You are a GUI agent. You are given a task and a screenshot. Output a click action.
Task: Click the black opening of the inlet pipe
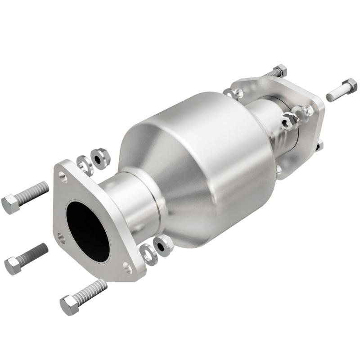click(x=87, y=229)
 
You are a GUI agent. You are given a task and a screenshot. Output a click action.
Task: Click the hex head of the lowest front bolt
click(x=69, y=305)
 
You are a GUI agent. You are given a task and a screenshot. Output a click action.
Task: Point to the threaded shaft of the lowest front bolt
click(x=92, y=290)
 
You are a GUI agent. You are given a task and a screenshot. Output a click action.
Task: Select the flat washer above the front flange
click(x=84, y=165)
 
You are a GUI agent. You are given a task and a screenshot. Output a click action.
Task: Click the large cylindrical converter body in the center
click(x=202, y=166)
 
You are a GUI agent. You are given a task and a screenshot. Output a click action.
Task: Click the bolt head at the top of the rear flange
click(x=279, y=71)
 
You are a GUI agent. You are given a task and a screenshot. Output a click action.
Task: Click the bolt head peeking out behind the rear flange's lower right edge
click(x=320, y=144)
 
